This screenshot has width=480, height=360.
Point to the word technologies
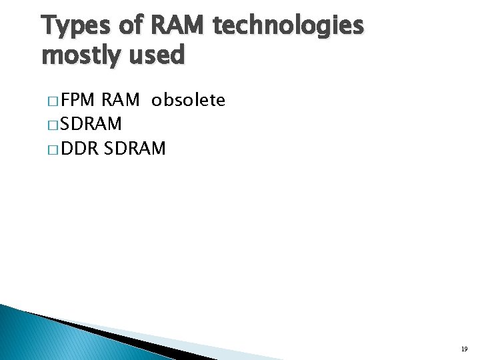tap(288, 27)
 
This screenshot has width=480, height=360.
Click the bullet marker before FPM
tap(53, 102)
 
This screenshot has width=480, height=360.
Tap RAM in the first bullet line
tap(120, 101)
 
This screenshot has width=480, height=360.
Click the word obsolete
tap(188, 101)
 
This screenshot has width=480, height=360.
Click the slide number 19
tap(463, 349)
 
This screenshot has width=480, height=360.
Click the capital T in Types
tap(48, 27)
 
